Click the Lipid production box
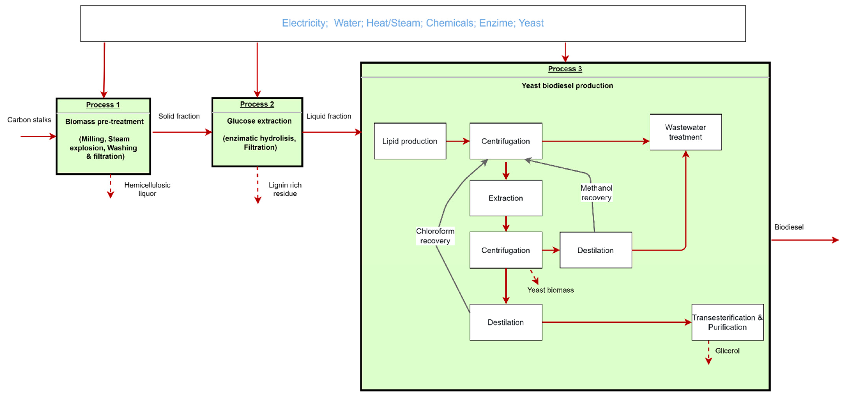[410, 141]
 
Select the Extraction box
[506, 198]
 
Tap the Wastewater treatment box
[686, 132]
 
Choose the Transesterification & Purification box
[728, 322]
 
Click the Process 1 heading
[103, 104]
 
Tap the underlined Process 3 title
[565, 69]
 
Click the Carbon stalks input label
[29, 120]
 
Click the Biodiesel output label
[789, 227]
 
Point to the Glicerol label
[727, 351]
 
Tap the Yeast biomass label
[550, 290]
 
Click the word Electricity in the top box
[305, 23]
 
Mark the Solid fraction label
[179, 116]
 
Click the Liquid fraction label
[329, 116]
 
